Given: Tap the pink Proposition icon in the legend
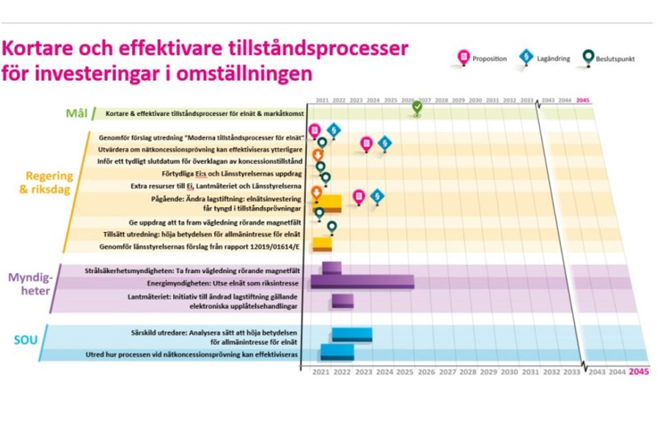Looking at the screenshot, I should [463, 57].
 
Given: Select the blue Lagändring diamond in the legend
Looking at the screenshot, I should [526, 57].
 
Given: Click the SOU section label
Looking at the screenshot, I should [26, 341].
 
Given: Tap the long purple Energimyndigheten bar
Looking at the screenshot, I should [362, 281].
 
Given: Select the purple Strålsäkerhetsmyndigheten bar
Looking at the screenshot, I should [331, 267].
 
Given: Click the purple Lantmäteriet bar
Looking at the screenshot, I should [342, 301].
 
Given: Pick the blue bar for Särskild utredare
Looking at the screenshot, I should [352, 334].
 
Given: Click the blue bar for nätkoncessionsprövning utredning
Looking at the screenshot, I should [337, 352].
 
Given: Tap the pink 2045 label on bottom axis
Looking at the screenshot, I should [639, 372].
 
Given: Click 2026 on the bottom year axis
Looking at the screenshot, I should [426, 372].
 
